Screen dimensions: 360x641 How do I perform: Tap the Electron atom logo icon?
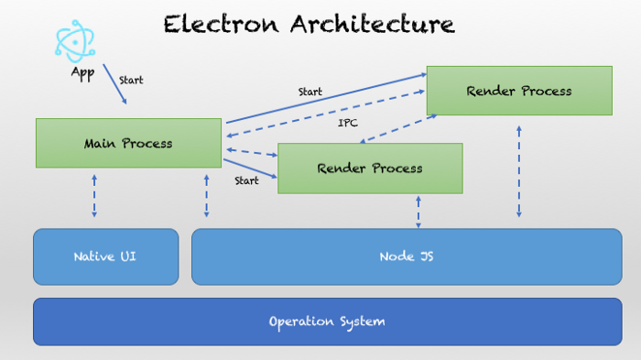(74, 41)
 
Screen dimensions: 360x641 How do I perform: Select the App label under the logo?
(82, 72)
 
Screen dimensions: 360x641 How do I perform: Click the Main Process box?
(128, 143)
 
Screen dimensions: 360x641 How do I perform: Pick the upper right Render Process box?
(519, 91)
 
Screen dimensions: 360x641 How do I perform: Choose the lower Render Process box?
(370, 169)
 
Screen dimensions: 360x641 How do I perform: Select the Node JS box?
(407, 256)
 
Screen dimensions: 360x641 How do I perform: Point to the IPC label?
(348, 122)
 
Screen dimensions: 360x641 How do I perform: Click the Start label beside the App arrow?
(131, 80)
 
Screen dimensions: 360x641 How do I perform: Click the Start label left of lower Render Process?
(246, 180)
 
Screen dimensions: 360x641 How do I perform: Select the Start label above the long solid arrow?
(310, 92)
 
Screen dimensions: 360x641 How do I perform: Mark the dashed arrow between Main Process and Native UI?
(94, 197)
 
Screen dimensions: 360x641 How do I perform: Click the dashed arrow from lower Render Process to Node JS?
(418, 212)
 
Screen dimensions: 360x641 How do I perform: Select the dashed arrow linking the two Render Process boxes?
(397, 129)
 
